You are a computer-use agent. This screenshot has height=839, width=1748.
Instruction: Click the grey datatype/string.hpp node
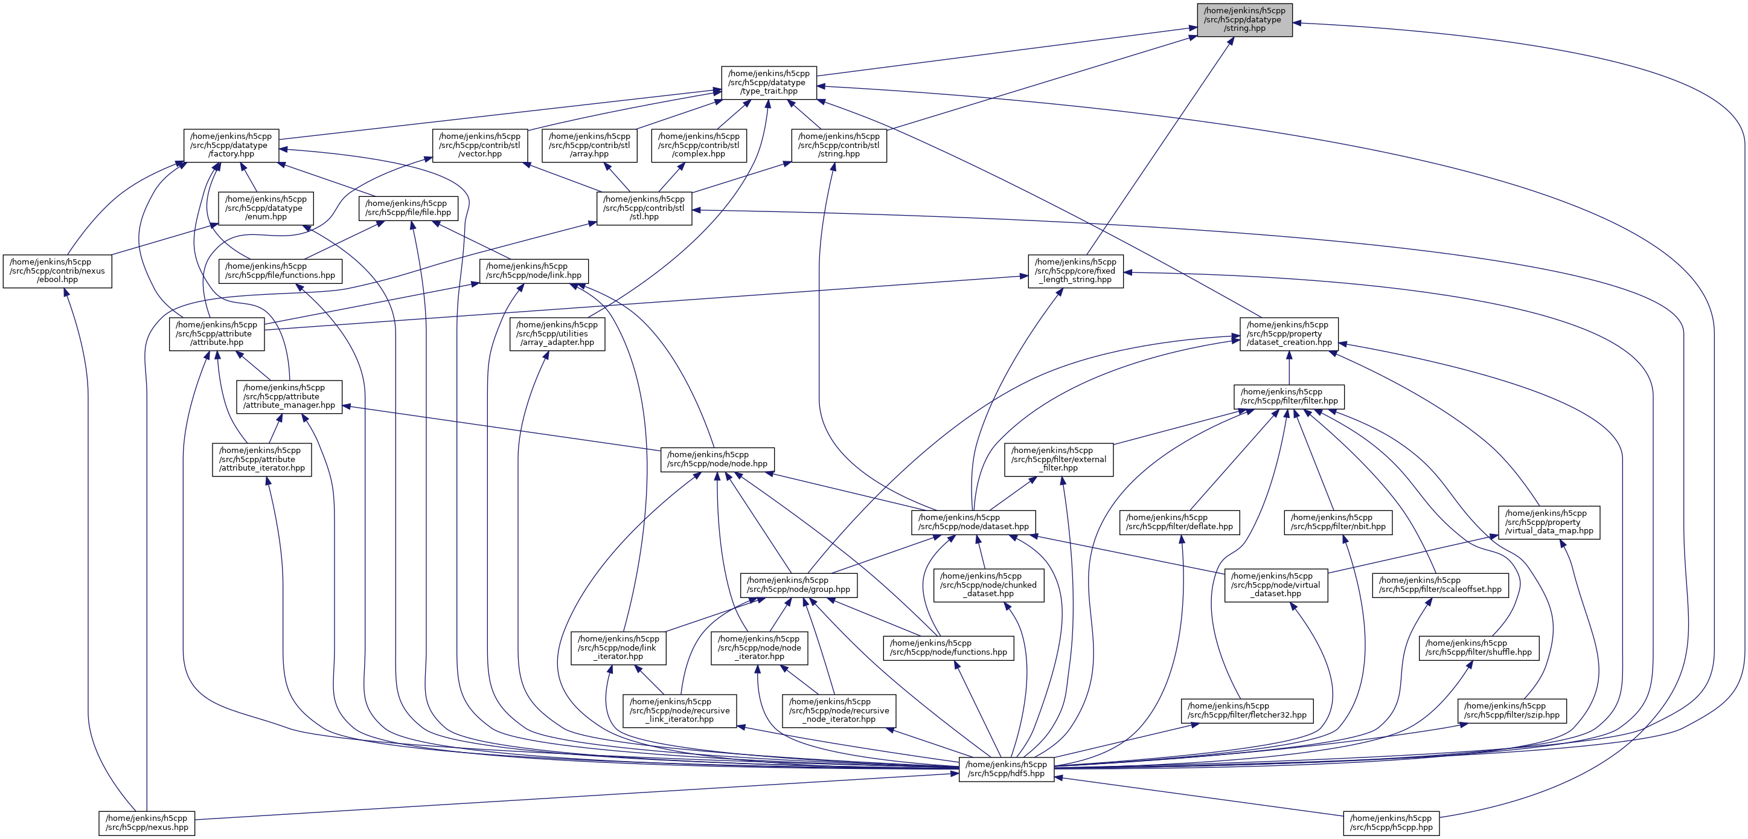1244,20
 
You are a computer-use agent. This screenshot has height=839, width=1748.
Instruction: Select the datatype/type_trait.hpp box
769,82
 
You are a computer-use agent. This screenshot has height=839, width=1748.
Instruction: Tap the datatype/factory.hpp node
231,145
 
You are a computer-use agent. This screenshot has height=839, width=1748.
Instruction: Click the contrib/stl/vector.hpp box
480,145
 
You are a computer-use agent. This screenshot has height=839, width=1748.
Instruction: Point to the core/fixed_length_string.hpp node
1075,271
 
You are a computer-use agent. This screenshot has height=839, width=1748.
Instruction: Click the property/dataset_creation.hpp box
1289,334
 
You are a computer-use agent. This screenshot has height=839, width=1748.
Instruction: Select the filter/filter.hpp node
1289,396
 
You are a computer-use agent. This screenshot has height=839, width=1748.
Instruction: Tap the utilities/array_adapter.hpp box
557,334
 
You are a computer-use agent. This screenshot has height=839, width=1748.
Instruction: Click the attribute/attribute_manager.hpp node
289,396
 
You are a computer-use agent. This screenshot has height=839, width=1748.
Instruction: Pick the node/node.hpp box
717,460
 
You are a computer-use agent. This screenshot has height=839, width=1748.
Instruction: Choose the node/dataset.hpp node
973,522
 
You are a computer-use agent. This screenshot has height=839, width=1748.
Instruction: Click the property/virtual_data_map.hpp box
1549,522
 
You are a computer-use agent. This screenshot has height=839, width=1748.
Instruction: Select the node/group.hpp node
798,585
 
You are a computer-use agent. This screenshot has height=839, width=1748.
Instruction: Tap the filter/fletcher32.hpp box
1246,711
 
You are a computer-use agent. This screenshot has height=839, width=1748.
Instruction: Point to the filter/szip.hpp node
1512,711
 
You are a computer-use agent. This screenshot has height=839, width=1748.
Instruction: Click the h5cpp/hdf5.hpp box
1006,769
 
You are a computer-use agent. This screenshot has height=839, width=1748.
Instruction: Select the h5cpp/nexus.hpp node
147,823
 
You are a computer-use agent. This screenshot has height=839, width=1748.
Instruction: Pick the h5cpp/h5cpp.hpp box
1391,823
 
